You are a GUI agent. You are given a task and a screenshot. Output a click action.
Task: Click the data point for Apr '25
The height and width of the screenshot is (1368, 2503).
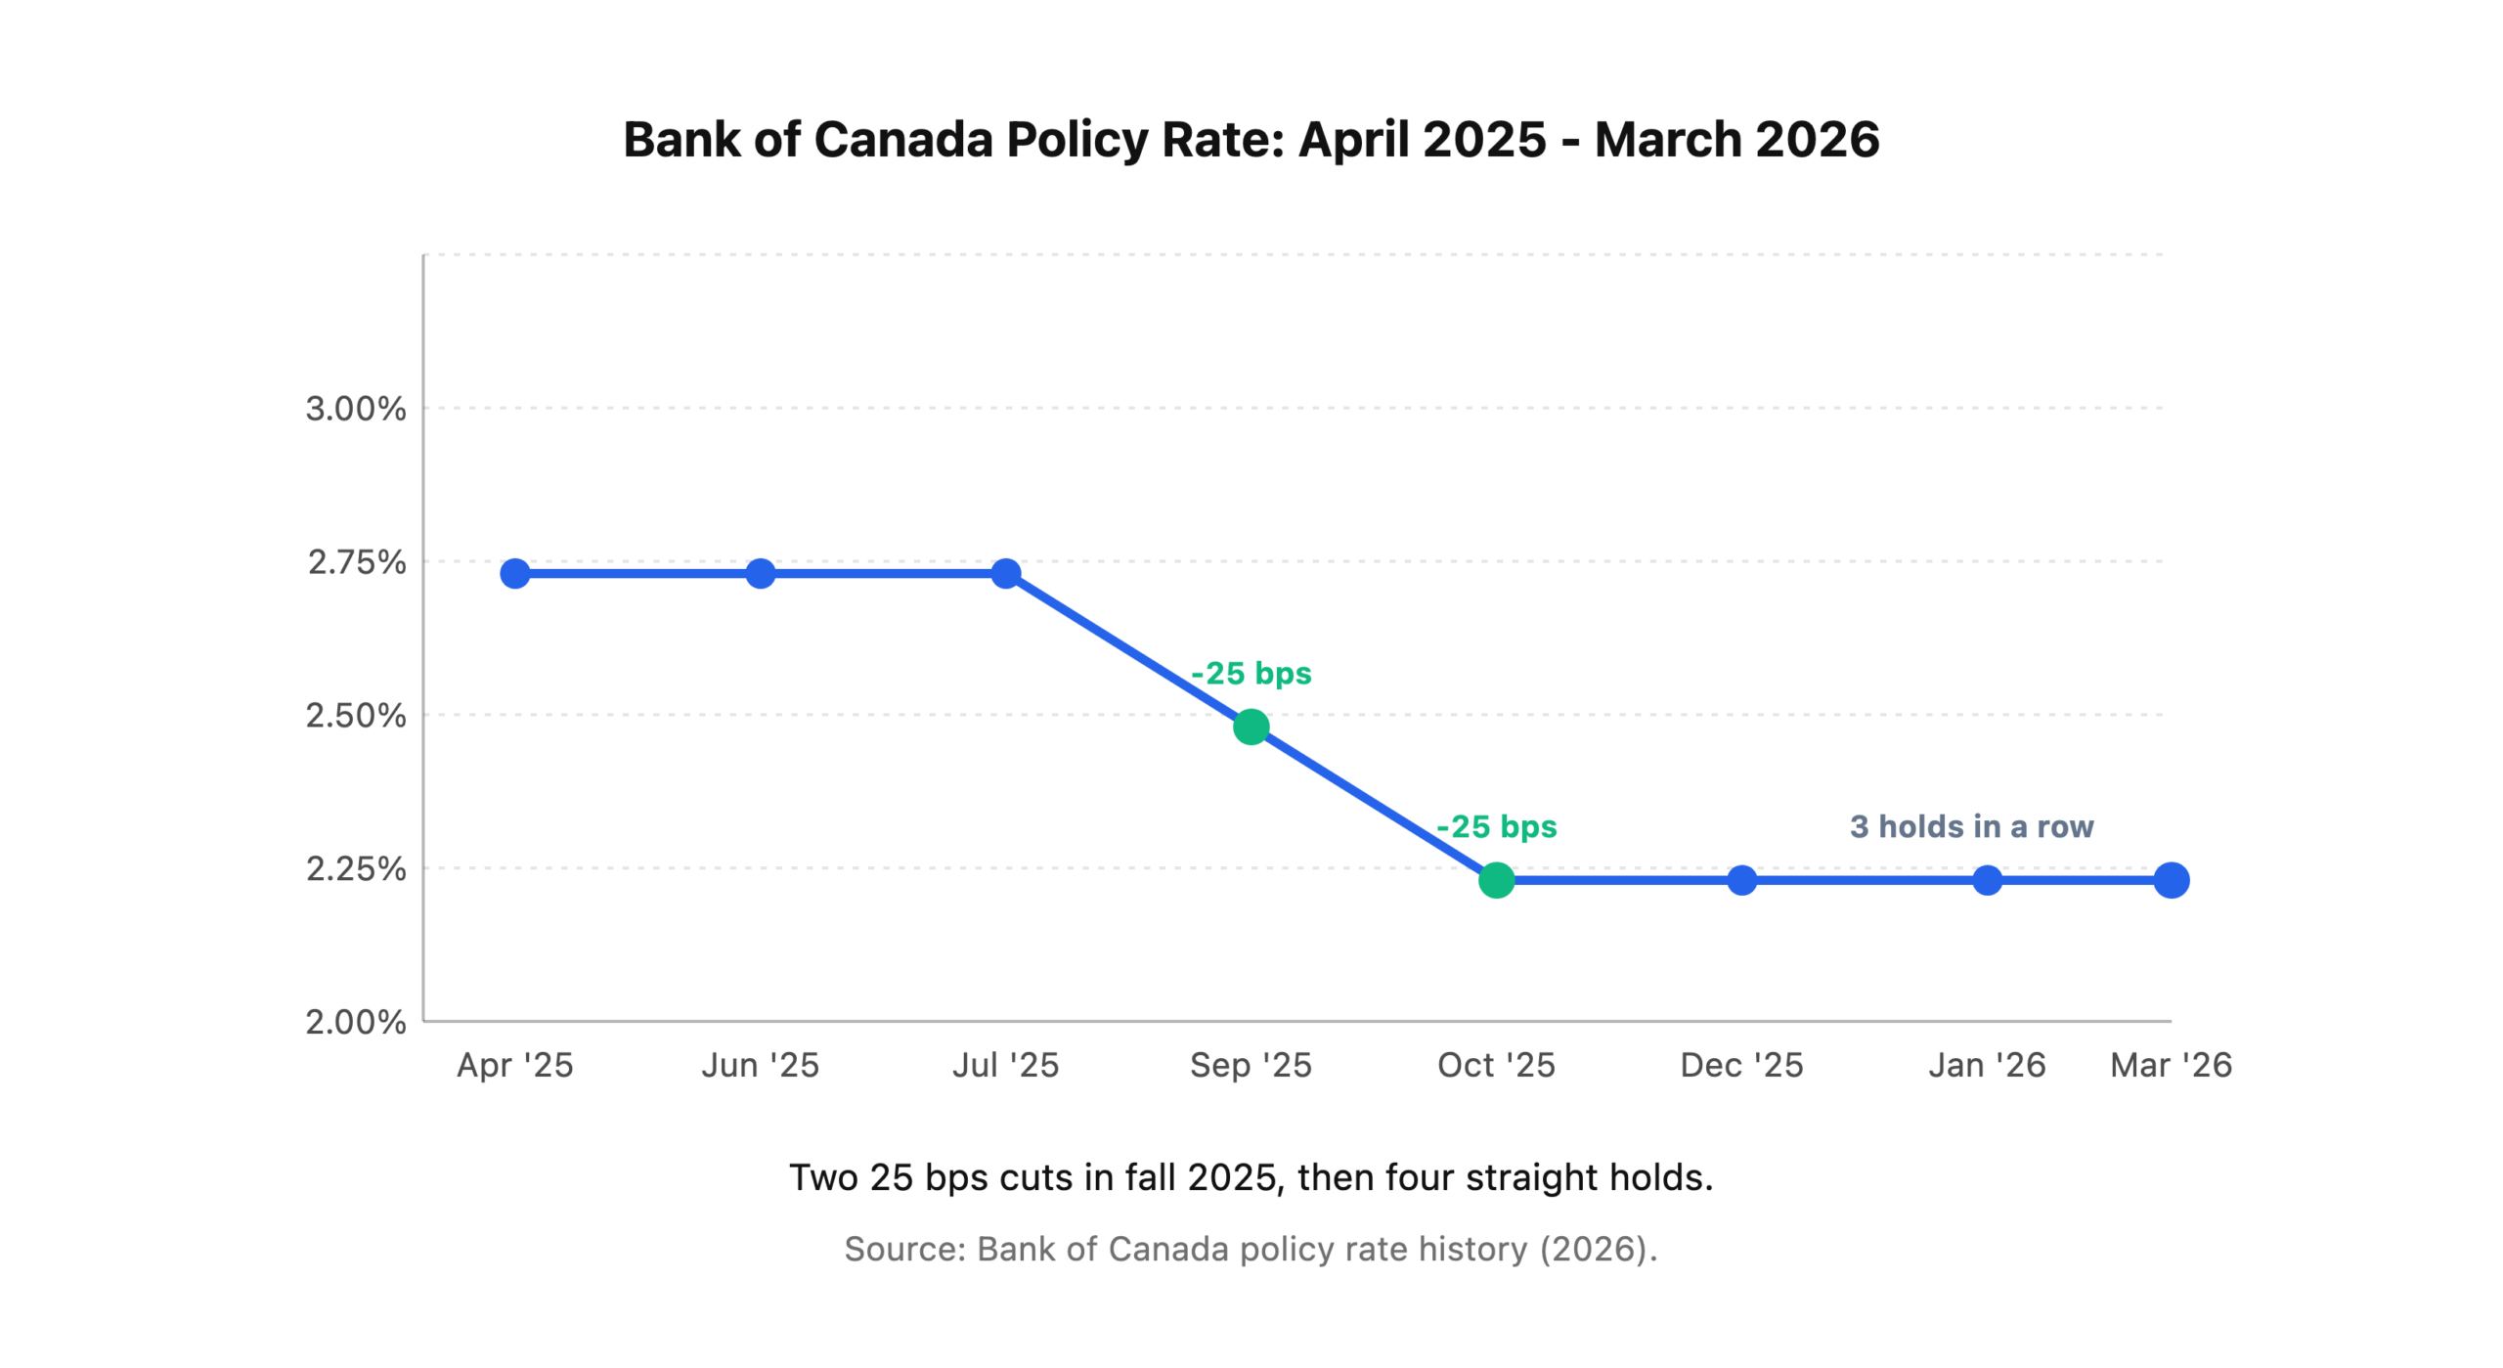514,573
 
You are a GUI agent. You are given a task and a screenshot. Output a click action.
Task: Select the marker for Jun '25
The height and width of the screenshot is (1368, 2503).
760,573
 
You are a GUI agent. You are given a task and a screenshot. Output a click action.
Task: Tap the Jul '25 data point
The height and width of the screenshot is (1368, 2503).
1005,573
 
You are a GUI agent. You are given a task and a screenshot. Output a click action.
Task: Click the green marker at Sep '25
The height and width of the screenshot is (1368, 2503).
1251,727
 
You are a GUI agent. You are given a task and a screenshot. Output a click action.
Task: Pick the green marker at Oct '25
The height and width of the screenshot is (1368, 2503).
1496,880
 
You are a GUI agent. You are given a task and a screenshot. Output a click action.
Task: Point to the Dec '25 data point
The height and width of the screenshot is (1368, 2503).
1741,880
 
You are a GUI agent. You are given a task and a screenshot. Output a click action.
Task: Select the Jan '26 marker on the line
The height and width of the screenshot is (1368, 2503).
1987,880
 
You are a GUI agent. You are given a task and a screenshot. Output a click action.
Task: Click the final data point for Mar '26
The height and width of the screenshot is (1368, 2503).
2171,880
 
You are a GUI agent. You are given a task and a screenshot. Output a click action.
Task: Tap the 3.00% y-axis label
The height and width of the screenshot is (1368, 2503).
356,409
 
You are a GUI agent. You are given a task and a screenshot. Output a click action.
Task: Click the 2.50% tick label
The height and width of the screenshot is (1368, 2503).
356,716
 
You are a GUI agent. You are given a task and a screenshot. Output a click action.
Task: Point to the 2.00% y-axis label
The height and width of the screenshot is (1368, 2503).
356,1022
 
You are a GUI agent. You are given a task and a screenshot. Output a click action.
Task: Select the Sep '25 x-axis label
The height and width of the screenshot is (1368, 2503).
1251,1065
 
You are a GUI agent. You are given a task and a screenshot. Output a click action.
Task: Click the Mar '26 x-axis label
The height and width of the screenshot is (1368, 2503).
2171,1065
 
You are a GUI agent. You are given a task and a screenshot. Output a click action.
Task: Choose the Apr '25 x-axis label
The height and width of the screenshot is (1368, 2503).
514,1065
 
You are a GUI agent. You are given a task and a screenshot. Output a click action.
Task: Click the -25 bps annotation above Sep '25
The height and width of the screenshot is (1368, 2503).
1251,674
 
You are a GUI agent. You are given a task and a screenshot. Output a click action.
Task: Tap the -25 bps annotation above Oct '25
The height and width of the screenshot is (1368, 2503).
1496,826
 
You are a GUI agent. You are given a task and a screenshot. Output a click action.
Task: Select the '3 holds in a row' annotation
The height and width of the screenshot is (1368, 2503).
1971,826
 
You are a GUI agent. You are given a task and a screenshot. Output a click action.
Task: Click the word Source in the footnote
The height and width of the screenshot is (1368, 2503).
904,1249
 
